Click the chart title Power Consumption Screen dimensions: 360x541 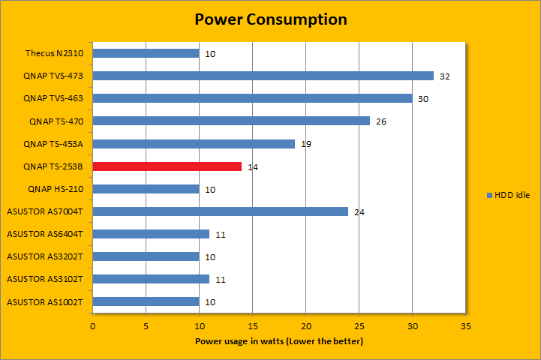270,19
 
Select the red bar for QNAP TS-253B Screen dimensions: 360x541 167,166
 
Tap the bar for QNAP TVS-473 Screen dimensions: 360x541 263,76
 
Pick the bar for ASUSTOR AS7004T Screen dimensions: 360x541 221,211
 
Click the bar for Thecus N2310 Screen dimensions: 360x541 146,53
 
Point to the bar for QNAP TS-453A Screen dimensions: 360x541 194,143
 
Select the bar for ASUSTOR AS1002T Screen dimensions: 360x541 146,302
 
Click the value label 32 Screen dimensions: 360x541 444,76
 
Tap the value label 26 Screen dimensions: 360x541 380,121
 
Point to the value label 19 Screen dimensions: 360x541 305,144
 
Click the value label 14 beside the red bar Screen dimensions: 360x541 253,167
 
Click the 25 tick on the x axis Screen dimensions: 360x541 359,326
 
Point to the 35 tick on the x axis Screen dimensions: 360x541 466,326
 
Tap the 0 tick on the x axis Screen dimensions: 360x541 93,326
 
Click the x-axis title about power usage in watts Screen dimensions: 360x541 279,342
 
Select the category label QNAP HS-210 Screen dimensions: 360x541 56,189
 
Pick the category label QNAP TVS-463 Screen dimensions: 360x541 53,98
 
